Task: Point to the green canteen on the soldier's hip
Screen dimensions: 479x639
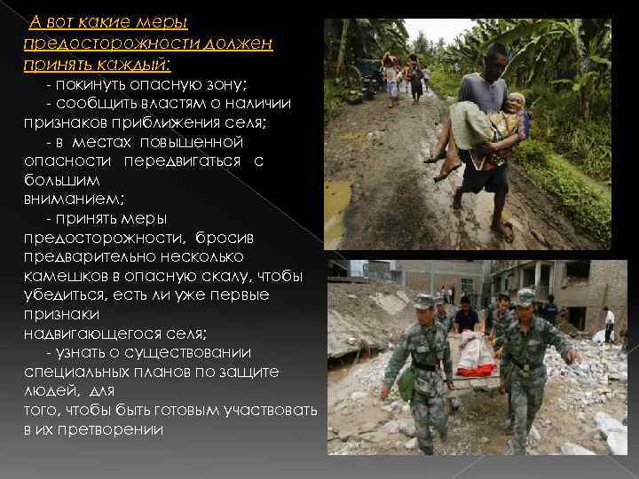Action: pyautogui.click(x=406, y=382)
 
